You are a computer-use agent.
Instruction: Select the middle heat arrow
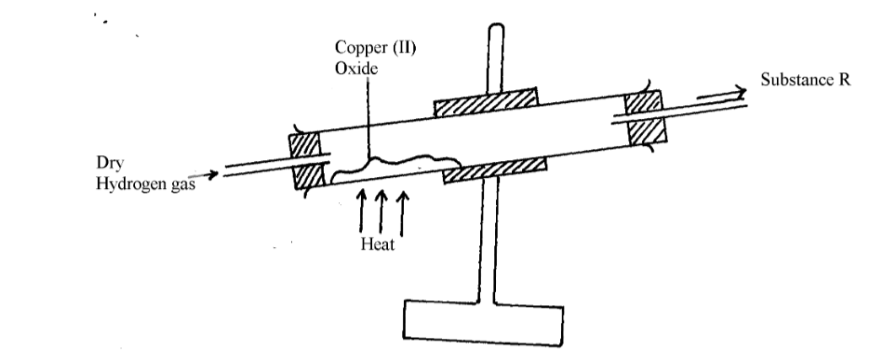(x=381, y=211)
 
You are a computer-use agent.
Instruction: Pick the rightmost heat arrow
(x=401, y=211)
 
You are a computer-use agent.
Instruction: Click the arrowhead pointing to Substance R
(x=740, y=92)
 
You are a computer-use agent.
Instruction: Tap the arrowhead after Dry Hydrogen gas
(x=218, y=175)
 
